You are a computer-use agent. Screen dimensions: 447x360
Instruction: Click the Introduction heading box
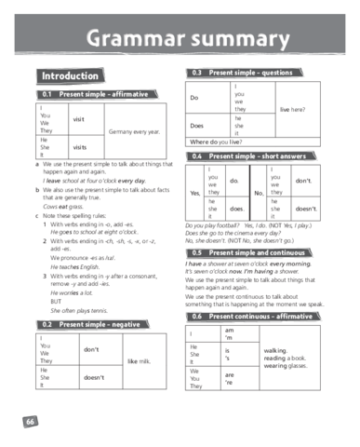pos(69,75)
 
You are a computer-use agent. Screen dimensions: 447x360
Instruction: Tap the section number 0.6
pos(196,317)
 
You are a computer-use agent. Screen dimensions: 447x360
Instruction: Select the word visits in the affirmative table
pos(80,146)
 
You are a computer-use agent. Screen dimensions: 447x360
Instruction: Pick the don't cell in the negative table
pos(91,349)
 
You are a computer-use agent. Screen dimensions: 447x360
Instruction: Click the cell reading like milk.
pos(138,359)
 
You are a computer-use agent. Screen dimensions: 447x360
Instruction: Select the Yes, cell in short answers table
pos(194,193)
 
